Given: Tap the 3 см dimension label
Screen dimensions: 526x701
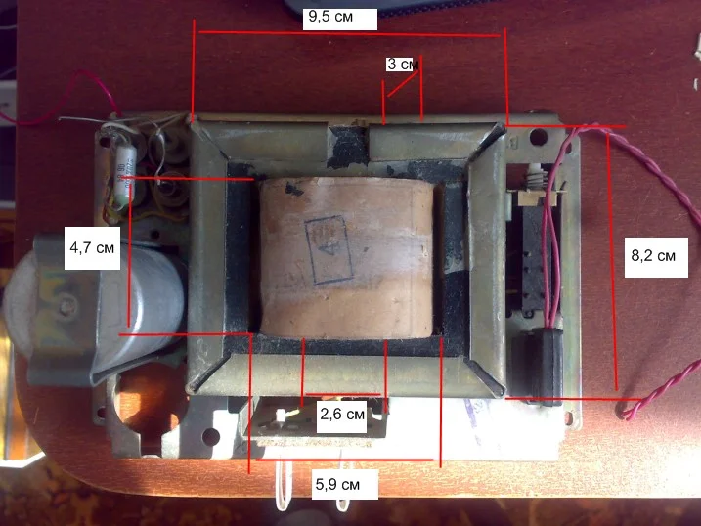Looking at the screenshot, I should (x=402, y=65).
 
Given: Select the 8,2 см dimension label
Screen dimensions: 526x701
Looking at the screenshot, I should (x=652, y=255).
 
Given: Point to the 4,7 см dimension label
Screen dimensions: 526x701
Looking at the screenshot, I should (x=92, y=248).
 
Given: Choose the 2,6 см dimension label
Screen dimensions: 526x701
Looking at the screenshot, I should (x=342, y=416).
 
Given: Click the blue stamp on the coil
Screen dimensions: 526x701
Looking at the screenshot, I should (x=327, y=250).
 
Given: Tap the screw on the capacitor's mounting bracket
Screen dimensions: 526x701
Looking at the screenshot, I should (x=66, y=309).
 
